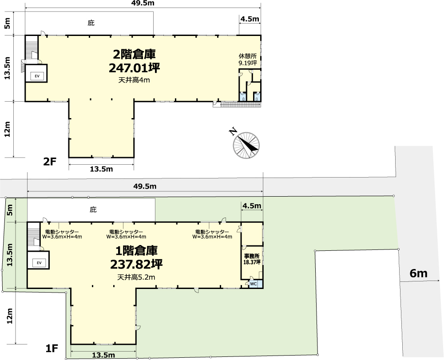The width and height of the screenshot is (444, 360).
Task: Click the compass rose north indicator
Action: click(246, 145)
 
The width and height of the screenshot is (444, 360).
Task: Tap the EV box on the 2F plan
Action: click(37, 76)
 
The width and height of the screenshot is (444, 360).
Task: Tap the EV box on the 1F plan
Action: click(39, 263)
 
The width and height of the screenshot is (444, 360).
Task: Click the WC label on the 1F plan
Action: click(254, 284)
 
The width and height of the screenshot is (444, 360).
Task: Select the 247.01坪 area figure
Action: click(134, 68)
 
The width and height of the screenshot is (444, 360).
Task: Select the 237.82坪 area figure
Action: click(136, 265)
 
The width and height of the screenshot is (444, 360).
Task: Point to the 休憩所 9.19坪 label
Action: click(248, 59)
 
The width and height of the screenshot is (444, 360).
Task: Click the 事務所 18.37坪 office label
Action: click(252, 259)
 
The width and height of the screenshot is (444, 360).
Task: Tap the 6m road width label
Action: click(418, 273)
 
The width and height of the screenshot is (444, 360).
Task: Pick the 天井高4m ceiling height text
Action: click(134, 80)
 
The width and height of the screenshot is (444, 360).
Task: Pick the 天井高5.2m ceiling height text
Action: click(136, 277)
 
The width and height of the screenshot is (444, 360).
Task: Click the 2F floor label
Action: click(50, 162)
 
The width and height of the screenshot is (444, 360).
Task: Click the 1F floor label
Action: click(52, 348)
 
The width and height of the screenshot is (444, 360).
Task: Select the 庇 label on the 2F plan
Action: click(91, 23)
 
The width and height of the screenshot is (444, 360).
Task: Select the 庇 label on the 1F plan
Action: click(93, 210)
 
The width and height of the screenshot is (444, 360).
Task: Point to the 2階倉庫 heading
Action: click(134, 54)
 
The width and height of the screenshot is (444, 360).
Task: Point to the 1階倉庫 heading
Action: click(136, 251)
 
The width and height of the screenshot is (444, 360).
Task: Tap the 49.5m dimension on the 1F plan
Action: click(145, 186)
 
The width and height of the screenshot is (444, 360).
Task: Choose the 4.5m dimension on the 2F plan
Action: click(250, 19)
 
